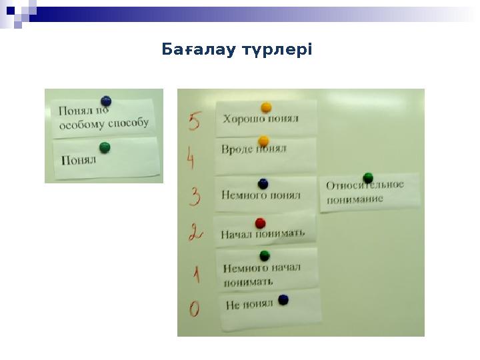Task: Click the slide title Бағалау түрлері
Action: [x=237, y=50]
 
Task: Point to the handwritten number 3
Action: [x=195, y=197]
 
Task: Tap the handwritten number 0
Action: [x=194, y=309]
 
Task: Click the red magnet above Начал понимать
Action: [x=260, y=223]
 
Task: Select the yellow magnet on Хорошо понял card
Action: [x=266, y=107]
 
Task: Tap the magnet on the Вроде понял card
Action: [x=263, y=141]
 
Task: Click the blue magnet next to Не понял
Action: [x=283, y=300]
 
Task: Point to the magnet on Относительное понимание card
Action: [x=368, y=178]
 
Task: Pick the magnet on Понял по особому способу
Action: [x=105, y=101]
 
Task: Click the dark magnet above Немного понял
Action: [x=263, y=183]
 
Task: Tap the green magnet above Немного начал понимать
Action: [x=264, y=255]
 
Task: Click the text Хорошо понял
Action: [x=261, y=119]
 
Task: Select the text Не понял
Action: [x=249, y=305]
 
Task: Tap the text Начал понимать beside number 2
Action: [x=262, y=233]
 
